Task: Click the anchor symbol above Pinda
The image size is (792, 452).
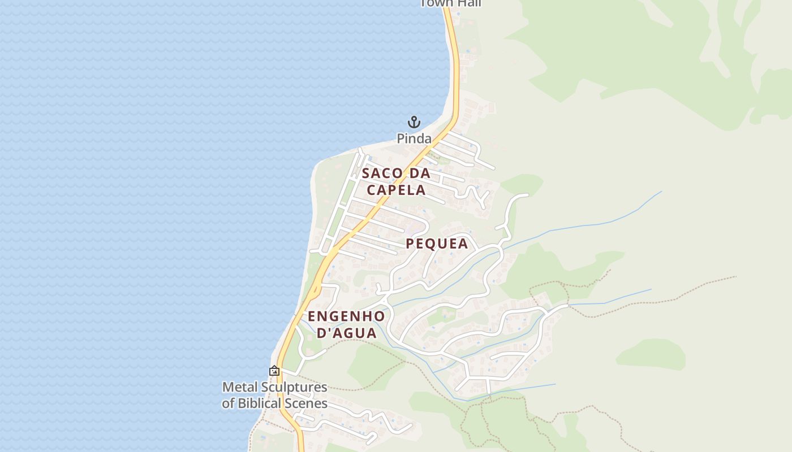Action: (x=414, y=121)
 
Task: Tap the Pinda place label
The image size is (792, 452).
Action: (x=414, y=138)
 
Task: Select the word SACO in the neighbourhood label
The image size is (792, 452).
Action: (x=382, y=173)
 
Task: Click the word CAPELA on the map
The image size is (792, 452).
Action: (x=396, y=190)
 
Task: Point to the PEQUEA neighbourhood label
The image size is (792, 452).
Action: (x=437, y=244)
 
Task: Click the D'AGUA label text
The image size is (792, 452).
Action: (x=346, y=333)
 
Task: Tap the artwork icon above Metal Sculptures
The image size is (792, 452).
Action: (x=274, y=371)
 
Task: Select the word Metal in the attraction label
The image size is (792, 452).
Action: (x=238, y=388)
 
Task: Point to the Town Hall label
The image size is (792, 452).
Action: (x=451, y=3)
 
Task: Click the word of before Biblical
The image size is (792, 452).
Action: (x=228, y=403)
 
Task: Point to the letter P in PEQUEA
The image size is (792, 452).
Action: (x=411, y=244)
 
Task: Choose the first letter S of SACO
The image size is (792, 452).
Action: (x=366, y=173)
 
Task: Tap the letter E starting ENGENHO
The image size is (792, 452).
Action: (x=312, y=316)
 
